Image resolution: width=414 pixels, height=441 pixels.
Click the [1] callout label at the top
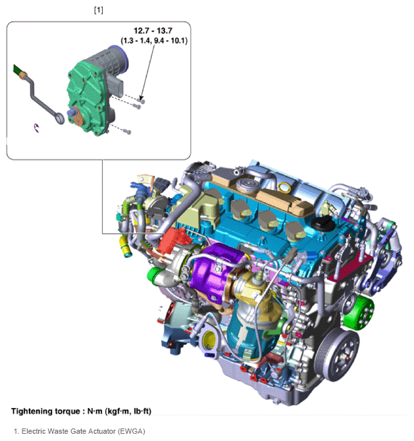point(99,10)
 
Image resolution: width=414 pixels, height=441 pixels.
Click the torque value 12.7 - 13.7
point(153,31)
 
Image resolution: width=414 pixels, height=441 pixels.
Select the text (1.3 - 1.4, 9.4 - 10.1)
point(154,41)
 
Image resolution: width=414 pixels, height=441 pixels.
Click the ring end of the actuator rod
point(59,118)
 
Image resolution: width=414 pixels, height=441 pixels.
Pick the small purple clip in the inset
point(36,128)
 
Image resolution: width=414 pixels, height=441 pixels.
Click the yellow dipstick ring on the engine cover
point(284,188)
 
